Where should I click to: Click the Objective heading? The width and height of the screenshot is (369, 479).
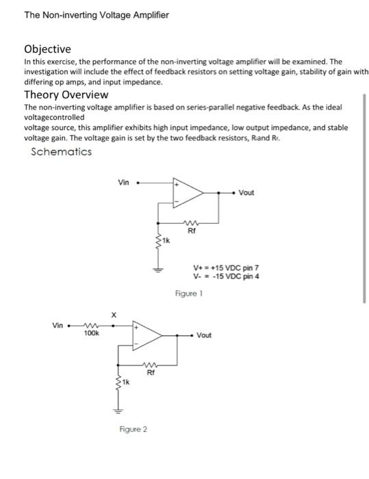tap(47, 49)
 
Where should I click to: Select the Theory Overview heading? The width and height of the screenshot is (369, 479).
tap(66, 94)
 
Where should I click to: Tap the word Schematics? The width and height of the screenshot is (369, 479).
tap(62, 151)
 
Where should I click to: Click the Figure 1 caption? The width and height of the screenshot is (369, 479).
tap(188, 293)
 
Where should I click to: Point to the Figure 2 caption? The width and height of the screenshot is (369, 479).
tap(133, 429)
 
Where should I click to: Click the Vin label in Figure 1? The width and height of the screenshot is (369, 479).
tap(124, 183)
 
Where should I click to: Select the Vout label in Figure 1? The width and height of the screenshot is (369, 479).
tap(246, 192)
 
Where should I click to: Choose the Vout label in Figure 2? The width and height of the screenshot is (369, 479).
tap(204, 335)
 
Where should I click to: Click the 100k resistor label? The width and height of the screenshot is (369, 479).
tap(91, 333)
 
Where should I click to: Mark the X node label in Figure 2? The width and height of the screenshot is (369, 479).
tap(115, 315)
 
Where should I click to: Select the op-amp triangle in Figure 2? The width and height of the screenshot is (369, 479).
tap(146, 335)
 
